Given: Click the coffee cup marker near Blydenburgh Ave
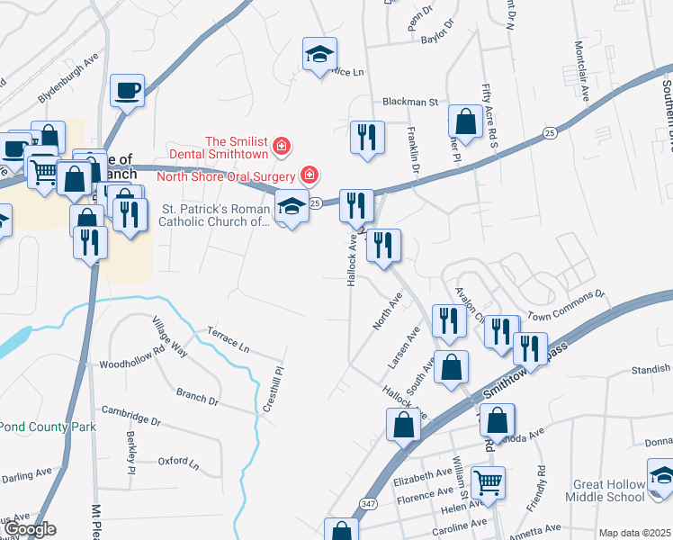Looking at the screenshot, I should (127, 90).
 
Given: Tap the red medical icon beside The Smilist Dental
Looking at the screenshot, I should (281, 144).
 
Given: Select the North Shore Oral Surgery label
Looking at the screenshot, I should (229, 175).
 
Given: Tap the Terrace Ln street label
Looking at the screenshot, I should (228, 337).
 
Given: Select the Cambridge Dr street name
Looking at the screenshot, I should (130, 416).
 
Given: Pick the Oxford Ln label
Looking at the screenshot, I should (178, 462).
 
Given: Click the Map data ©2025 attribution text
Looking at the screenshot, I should (634, 533).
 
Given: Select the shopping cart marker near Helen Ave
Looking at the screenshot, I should (487, 481).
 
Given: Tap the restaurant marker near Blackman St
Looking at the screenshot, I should (366, 137).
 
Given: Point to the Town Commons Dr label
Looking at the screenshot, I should (566, 306).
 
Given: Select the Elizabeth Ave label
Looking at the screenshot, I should (422, 474).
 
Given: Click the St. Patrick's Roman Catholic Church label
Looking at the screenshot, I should (215, 214).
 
